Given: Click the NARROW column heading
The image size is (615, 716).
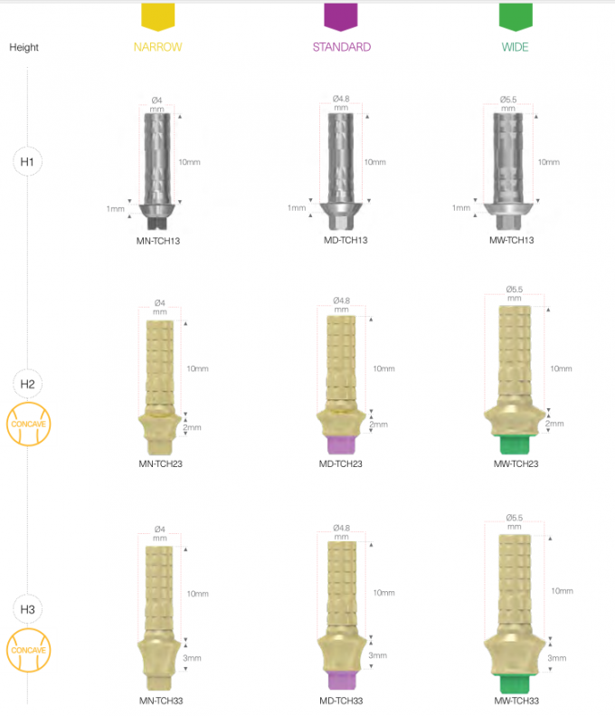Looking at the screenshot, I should pos(158,46).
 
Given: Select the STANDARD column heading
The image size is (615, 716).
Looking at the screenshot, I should pos(341,46).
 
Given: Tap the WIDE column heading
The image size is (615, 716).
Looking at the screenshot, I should pos(515,46).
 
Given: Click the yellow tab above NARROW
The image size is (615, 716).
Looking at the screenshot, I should pos(159,15).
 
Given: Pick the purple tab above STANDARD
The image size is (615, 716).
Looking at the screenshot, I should pos(341,15).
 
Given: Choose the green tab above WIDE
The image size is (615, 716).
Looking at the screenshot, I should pos(515,15).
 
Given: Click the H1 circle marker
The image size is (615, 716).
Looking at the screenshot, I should pos(27,163).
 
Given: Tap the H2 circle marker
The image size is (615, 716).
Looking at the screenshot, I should pos(27,384).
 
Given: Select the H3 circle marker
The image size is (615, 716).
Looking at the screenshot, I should pos(27,608).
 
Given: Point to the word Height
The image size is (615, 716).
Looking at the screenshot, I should pos(24,47).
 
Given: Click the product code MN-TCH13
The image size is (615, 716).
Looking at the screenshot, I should pos(157,241).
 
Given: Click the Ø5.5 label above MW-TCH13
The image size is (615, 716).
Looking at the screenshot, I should pos(514,99).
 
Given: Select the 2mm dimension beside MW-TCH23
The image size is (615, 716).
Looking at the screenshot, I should pos(554,424).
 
